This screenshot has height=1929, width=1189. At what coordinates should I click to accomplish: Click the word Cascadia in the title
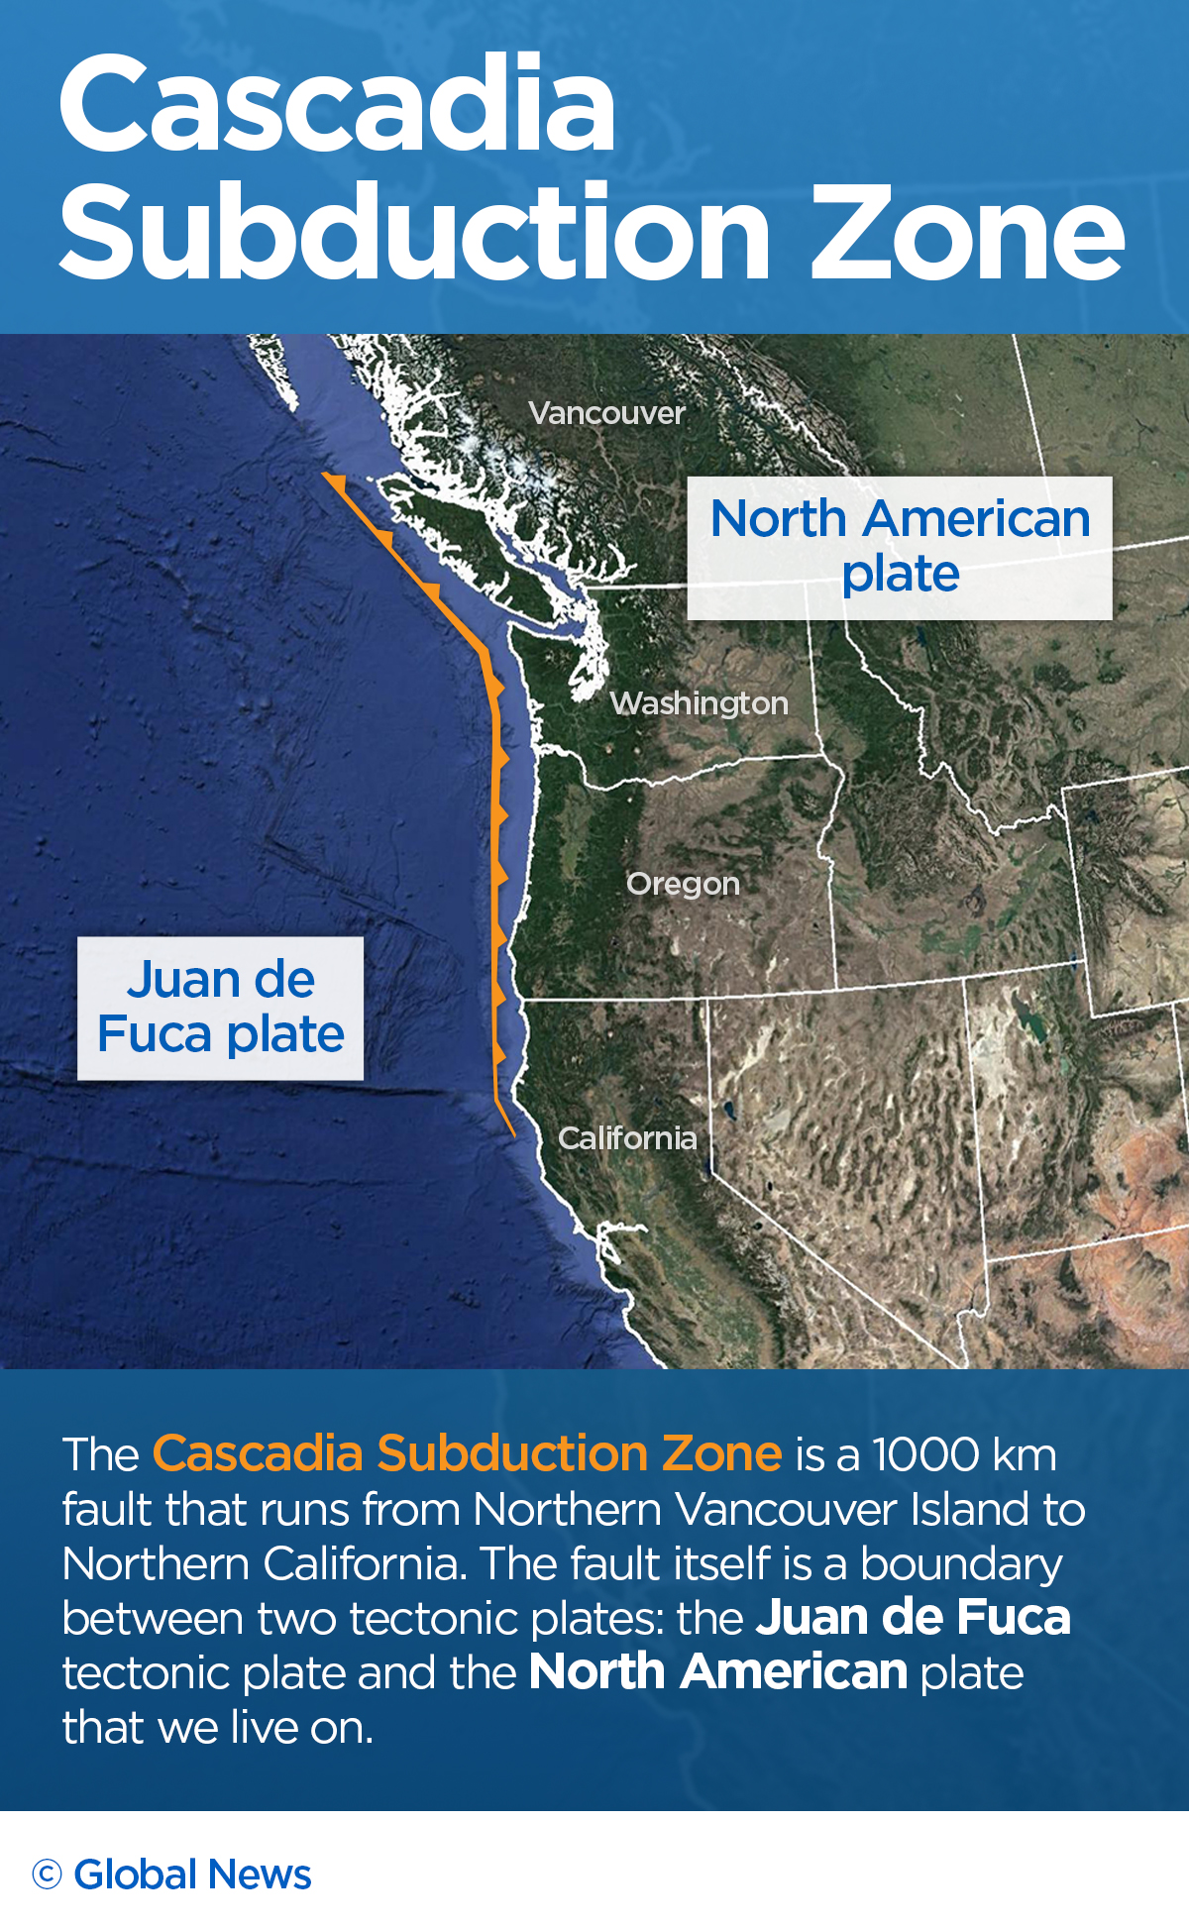337,104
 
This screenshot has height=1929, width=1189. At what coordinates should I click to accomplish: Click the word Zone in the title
967,233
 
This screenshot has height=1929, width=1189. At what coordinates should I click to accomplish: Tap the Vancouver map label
606,413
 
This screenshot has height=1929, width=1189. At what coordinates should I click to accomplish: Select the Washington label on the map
699,703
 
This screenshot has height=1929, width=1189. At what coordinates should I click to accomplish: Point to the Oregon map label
683,884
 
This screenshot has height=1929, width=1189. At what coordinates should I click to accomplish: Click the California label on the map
627,1138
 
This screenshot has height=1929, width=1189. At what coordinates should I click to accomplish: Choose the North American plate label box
900,548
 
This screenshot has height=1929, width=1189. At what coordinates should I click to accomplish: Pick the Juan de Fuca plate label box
220,1008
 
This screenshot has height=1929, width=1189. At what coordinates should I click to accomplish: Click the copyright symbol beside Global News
47,1875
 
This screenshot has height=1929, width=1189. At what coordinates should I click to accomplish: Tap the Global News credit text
192,1875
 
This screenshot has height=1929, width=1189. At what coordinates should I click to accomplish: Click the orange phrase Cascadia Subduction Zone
467,1453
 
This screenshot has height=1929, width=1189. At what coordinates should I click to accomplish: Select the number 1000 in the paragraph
925,1455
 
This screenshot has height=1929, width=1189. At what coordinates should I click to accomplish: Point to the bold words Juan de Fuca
913,1617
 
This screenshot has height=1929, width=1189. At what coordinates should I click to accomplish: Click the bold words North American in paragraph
718,1672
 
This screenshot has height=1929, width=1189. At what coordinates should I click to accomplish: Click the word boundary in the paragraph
961,1564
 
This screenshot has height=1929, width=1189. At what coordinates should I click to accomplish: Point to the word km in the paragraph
1025,1455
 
